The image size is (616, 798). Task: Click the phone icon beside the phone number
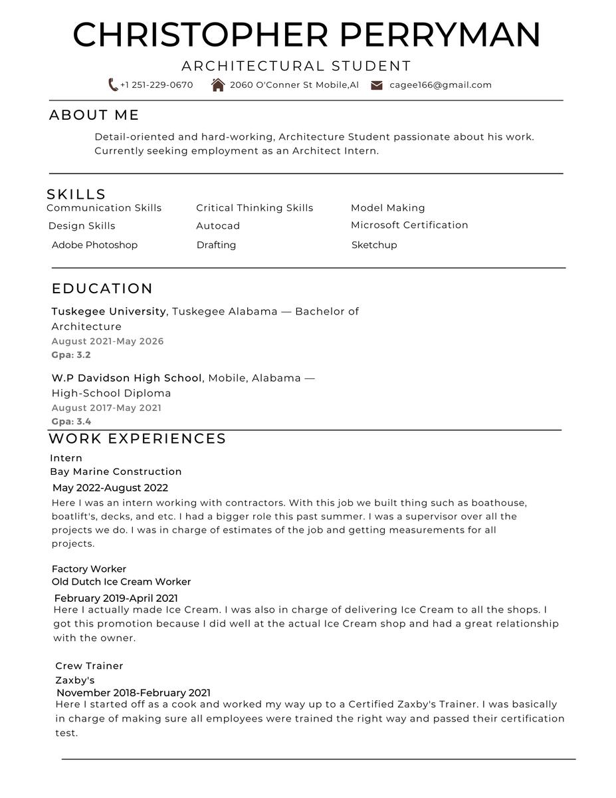point(113,85)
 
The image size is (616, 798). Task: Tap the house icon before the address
point(218,85)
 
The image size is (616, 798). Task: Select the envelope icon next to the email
point(377,85)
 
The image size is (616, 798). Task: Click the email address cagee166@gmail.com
point(441,85)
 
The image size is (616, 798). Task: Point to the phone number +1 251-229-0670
point(157,85)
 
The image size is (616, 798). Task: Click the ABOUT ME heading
point(94,115)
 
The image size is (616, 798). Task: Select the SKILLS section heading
point(76,194)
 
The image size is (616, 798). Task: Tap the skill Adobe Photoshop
point(94,245)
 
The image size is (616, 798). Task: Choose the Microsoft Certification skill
point(409,225)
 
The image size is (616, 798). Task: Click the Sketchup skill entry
point(374,245)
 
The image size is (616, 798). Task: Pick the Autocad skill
point(218,226)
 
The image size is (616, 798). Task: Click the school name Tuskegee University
point(108,311)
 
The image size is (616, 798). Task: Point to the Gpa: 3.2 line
point(71,355)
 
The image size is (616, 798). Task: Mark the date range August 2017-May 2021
point(106,408)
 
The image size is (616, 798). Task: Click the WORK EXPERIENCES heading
point(138,439)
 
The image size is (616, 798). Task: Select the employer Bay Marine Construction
point(116,471)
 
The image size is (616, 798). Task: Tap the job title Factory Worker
point(89,569)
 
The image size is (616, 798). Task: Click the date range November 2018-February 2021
point(134,693)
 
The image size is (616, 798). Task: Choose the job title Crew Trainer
point(89,666)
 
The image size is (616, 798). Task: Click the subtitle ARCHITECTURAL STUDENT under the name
point(296,66)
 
